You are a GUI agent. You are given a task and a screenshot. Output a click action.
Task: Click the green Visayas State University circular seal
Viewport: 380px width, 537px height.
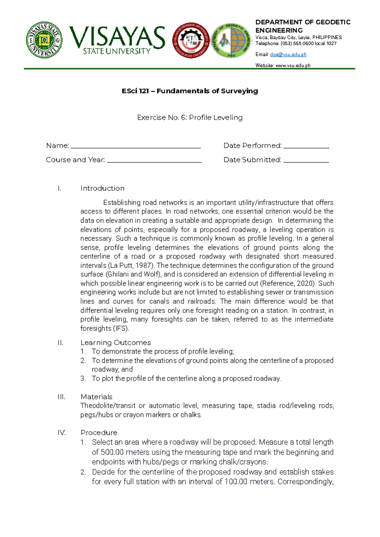click(x=44, y=40)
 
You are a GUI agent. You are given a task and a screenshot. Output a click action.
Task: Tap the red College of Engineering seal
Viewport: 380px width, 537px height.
click(x=191, y=40)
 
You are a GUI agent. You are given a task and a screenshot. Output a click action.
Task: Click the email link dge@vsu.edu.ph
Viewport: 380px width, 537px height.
click(x=288, y=54)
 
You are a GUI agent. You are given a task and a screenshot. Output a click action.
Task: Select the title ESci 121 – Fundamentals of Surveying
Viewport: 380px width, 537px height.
click(x=190, y=91)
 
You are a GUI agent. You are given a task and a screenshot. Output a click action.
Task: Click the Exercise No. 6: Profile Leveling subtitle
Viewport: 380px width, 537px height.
click(x=190, y=118)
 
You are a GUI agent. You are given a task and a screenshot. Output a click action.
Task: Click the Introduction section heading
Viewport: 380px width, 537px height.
click(x=102, y=188)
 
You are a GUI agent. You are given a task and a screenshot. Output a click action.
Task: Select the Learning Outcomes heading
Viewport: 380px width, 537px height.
click(x=116, y=343)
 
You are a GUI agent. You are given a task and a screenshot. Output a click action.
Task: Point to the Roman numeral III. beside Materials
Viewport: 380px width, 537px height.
click(x=61, y=397)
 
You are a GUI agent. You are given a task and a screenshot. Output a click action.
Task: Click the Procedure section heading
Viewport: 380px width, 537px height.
click(x=99, y=433)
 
